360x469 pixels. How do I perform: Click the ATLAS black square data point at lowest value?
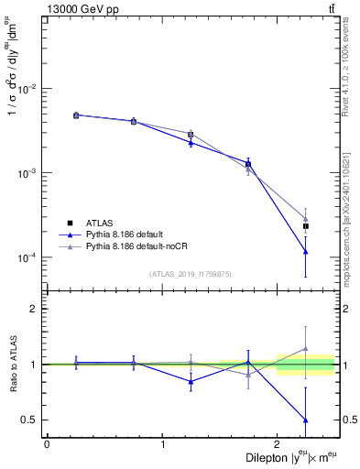[x=306, y=225]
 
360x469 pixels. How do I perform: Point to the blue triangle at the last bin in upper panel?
[x=306, y=252]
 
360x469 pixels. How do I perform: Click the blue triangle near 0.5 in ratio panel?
[x=306, y=420]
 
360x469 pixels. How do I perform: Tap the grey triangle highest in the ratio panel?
[x=306, y=348]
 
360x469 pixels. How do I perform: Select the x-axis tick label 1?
[x=162, y=444]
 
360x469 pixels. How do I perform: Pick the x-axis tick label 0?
[x=47, y=444]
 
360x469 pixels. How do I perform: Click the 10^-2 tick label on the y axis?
[x=27, y=89]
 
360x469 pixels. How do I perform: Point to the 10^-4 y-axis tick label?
[x=27, y=257]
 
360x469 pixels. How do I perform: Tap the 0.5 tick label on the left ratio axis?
[x=31, y=420]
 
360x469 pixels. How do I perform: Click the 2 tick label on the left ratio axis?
[x=36, y=309]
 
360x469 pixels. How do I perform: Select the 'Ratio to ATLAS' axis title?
[x=12, y=365]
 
